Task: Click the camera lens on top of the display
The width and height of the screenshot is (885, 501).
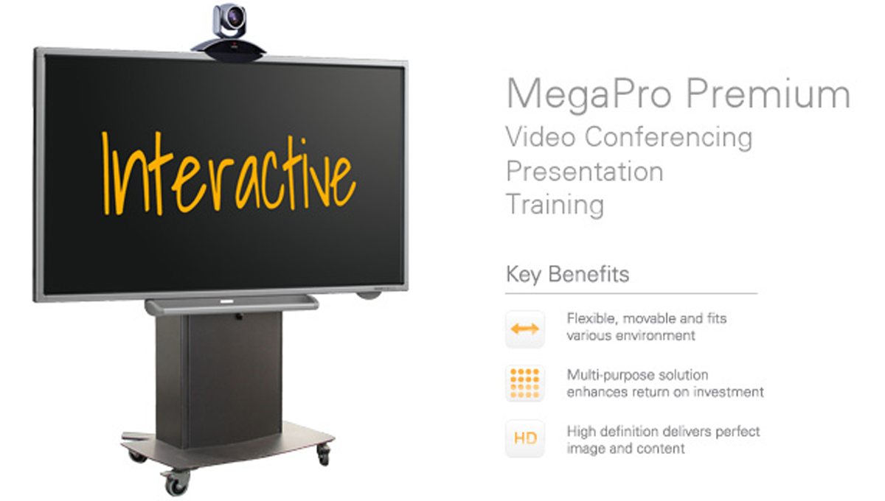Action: point(235,17)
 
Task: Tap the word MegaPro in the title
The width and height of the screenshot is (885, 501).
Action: point(589,95)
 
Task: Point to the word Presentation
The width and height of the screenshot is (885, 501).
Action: point(585,172)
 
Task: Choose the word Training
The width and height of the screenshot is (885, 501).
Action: point(555,206)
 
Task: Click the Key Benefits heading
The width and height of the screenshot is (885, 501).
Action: point(567,274)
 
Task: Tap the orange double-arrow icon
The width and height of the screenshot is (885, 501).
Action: point(524,329)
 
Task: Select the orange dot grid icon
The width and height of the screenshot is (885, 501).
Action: point(524,383)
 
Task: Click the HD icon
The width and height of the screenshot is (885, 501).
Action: point(525,438)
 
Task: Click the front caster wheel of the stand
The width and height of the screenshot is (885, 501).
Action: point(176,483)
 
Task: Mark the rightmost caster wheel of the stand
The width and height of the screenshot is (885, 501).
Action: point(324,455)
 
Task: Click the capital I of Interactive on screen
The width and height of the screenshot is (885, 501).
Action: point(106,173)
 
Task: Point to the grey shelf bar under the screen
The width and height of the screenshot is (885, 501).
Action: point(232,304)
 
